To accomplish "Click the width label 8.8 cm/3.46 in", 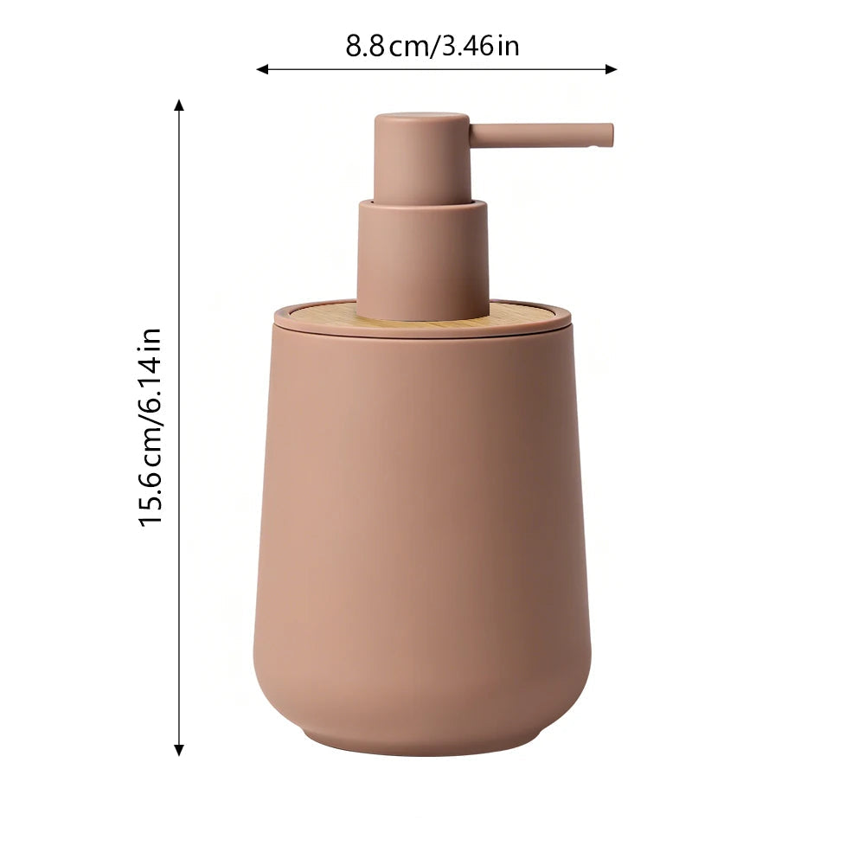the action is click(432, 46).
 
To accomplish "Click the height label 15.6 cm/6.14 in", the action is click(151, 427).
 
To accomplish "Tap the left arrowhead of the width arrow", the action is click(263, 69).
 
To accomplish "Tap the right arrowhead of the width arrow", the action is click(611, 69).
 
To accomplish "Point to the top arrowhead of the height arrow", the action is click(179, 106).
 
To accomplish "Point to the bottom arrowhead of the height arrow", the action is click(179, 749).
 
